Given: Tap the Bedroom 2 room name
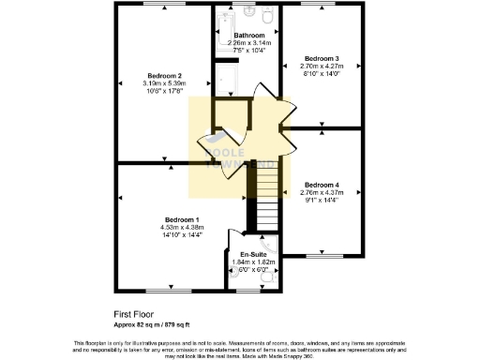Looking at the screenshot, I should pos(164,75).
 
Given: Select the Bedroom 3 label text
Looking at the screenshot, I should pos(322,58).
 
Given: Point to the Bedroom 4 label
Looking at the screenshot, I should pos(322,184).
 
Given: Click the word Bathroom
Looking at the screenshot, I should pos(248,36).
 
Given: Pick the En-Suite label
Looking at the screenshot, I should pos(253,254).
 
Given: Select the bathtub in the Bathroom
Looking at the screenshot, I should pos(227,74).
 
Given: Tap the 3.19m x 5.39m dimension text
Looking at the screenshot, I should pos(164,82).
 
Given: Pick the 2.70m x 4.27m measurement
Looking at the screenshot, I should pos(322,66).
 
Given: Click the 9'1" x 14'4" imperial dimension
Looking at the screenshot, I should pos(322,200).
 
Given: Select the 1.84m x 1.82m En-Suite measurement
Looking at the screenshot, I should pos(253,262).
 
